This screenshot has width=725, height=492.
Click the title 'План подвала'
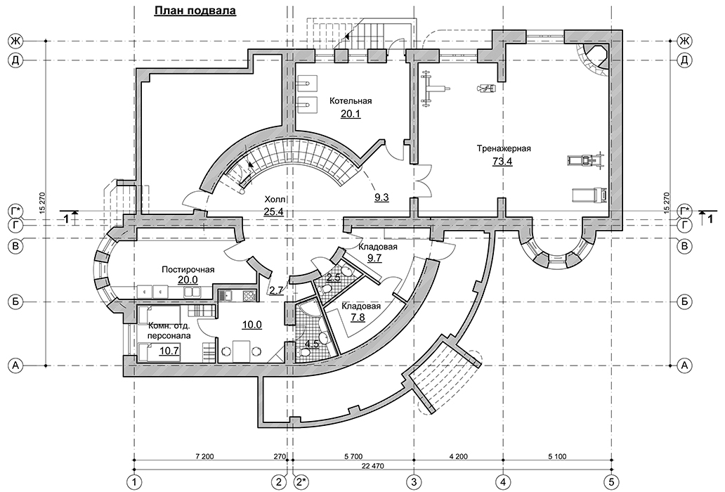point(195,11)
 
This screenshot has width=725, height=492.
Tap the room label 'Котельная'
point(351,101)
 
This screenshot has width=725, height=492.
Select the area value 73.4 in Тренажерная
point(503,162)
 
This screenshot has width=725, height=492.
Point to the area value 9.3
point(381,198)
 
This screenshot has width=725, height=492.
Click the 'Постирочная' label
point(188,270)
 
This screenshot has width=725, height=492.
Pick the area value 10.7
point(169,351)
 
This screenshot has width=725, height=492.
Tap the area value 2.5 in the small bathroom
point(334,278)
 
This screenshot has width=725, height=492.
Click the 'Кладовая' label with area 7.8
point(360,306)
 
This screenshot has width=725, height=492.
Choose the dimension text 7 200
point(205,457)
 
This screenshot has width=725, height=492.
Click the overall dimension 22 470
point(374,465)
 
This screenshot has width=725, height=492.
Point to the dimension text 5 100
point(556,457)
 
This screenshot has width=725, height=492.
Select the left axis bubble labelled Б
point(15,302)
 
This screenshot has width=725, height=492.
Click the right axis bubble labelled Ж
point(684,41)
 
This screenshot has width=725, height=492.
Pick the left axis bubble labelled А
point(15,365)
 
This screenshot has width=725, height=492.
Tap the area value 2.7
point(276,290)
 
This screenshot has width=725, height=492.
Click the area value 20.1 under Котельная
point(351,114)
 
